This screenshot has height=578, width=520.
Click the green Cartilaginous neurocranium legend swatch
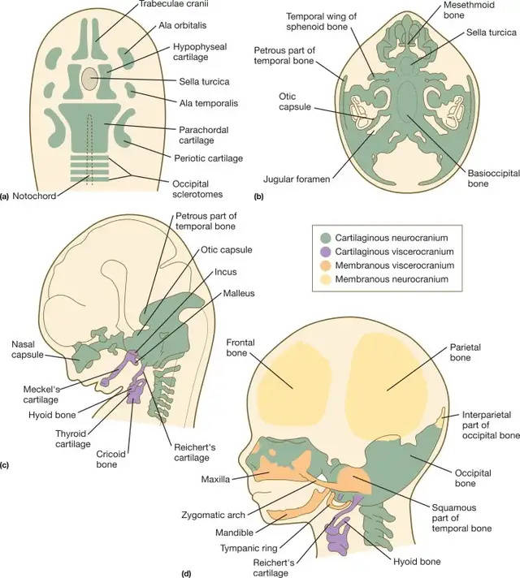pos(324,238)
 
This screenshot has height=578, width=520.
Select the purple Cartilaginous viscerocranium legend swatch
pos(324,252)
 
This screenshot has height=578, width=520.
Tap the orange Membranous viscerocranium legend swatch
pos(324,265)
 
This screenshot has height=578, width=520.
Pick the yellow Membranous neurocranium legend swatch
pos(324,280)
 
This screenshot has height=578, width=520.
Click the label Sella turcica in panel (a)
pos(205,81)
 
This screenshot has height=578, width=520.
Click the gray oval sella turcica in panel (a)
pos(89,79)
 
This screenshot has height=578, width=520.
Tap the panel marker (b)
pos(258,196)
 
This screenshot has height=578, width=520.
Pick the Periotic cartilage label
pos(208,157)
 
